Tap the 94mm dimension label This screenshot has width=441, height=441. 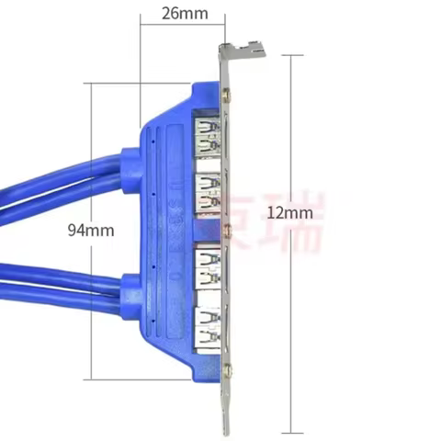[91, 231]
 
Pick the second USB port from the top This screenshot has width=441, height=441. [208, 191]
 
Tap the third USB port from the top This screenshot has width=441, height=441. [208, 267]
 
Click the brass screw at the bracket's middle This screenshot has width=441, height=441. [226, 227]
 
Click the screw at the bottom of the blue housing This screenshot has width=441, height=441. [227, 370]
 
